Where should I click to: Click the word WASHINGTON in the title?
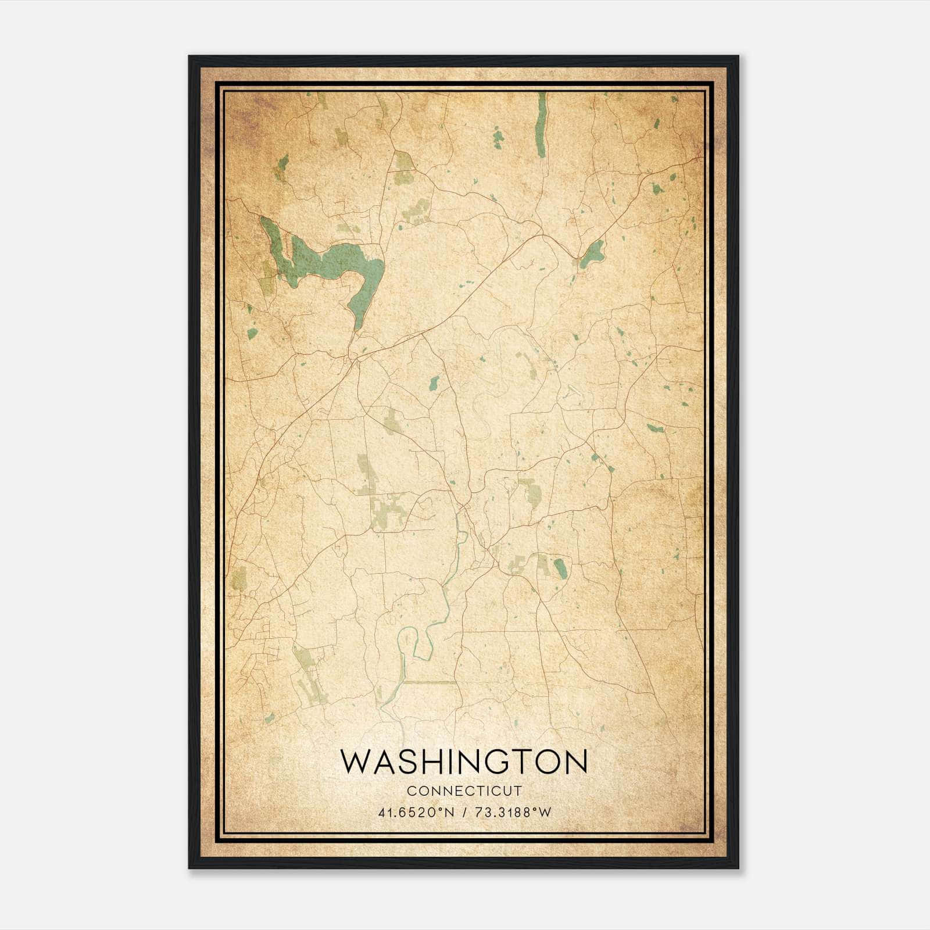(x=464, y=762)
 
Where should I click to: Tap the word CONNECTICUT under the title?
(x=464, y=791)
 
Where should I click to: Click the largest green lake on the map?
(x=325, y=261)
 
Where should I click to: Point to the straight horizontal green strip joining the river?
(x=430, y=682)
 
